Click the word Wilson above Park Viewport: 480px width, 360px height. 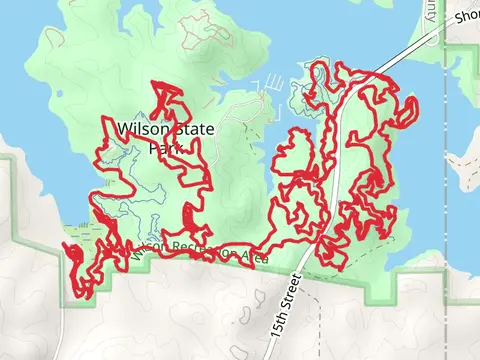pyautogui.click(x=138, y=128)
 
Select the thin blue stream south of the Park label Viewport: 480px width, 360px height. pyautogui.click(x=150, y=190)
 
